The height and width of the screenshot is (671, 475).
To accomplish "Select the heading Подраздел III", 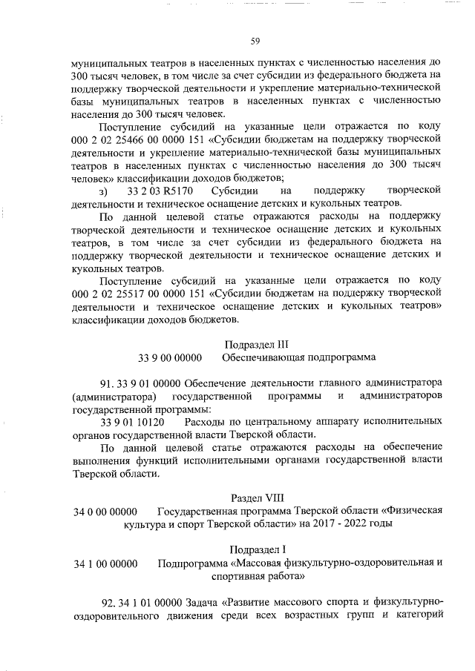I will (x=255, y=344).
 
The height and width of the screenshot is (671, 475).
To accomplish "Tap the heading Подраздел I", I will (x=255, y=549).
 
